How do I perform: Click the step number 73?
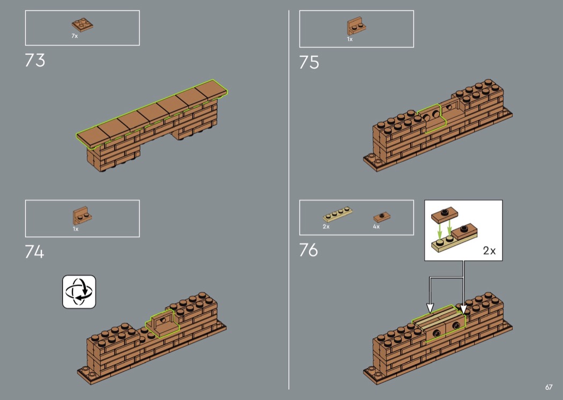(35, 60)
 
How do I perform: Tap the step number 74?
(34, 251)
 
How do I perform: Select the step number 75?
(309, 62)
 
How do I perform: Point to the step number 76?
(308, 249)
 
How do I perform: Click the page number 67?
(549, 387)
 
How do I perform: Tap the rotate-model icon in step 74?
(79, 292)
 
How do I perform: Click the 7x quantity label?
(75, 36)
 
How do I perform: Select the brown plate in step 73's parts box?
(82, 25)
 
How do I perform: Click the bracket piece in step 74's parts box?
(82, 216)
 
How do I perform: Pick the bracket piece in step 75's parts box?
(357, 27)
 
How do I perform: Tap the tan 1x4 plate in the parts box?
(337, 214)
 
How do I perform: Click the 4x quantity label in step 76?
(376, 227)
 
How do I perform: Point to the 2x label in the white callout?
(489, 250)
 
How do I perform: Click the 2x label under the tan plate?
(326, 227)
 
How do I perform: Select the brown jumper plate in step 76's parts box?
(382, 217)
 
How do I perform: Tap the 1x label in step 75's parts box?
(350, 39)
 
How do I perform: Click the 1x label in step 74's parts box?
(76, 229)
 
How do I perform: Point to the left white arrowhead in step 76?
(430, 308)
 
